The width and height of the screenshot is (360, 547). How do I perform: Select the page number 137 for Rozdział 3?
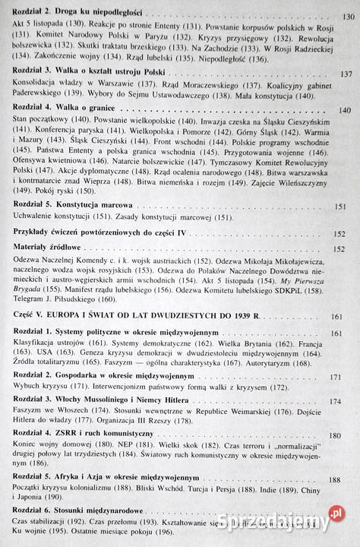[x=346, y=74]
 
